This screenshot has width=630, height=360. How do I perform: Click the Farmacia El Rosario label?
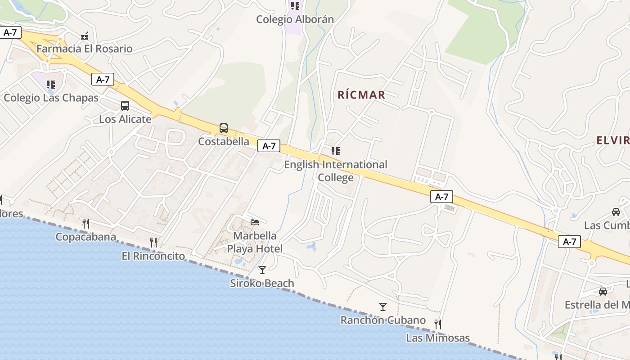(x=85, y=49)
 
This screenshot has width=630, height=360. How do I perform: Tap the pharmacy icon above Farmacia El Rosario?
(x=85, y=36)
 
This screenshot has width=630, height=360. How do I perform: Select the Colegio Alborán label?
(x=295, y=19)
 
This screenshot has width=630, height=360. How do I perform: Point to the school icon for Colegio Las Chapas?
(x=51, y=84)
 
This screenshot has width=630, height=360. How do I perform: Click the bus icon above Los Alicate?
(x=125, y=106)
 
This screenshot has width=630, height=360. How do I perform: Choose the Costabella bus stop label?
(x=224, y=141)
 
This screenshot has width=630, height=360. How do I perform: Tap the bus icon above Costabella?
(x=224, y=128)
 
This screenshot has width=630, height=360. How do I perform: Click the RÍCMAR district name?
(x=361, y=95)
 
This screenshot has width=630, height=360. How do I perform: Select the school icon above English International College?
(x=335, y=151)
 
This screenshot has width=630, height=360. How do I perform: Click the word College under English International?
(x=336, y=178)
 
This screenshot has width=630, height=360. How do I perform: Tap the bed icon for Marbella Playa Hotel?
(x=255, y=222)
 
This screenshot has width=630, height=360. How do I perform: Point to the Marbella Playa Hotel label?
(x=255, y=242)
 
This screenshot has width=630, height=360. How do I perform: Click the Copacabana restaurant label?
(x=85, y=237)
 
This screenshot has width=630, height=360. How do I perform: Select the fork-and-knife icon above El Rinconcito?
(x=153, y=243)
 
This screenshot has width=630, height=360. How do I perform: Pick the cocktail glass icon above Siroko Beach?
(x=262, y=270)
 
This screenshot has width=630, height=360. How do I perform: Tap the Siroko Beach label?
(x=262, y=283)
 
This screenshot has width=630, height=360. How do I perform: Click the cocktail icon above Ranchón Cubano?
(x=383, y=307)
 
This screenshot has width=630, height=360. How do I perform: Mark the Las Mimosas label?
(x=438, y=338)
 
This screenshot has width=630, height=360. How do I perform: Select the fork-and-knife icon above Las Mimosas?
(x=437, y=324)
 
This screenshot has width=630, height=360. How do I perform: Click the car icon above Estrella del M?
(x=603, y=292)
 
